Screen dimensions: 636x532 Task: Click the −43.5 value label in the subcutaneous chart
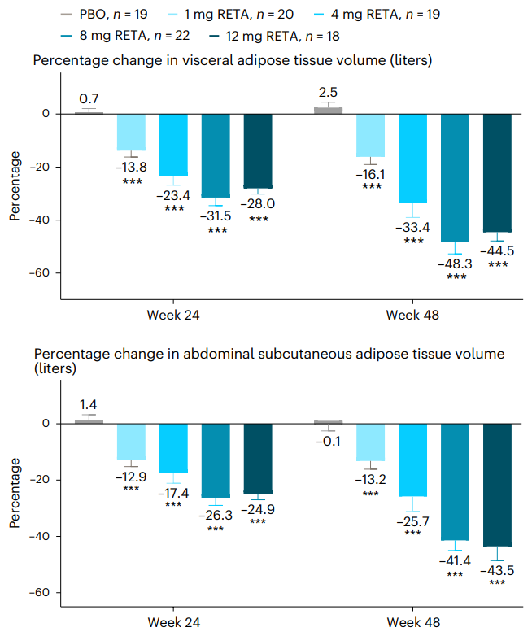[498, 570]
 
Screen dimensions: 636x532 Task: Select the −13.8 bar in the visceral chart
[131, 133]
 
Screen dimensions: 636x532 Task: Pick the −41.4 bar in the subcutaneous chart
[456, 481]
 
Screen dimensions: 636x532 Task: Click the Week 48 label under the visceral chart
[412, 315]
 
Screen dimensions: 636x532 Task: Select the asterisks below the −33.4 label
[413, 241]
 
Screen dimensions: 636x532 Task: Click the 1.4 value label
[89, 403]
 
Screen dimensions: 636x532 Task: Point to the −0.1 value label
[328, 441]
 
